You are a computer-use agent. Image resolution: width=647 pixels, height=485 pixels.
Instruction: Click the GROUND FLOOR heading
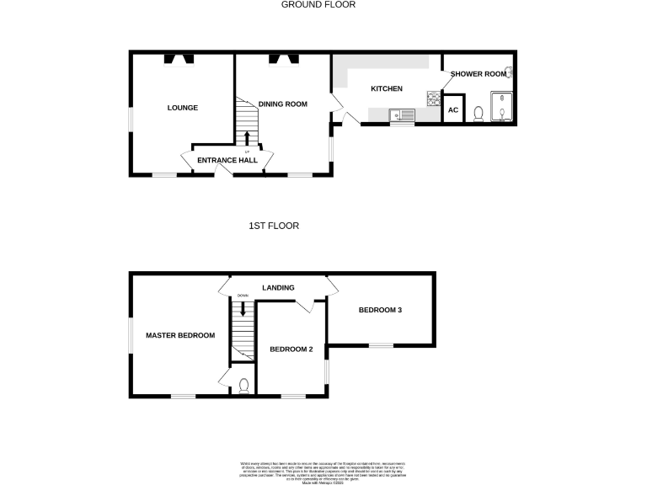319,4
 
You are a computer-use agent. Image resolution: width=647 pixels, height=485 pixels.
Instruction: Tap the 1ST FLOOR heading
274,226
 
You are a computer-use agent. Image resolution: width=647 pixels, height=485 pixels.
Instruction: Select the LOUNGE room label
182,108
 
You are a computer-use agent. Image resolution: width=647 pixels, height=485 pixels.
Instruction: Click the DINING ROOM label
283,104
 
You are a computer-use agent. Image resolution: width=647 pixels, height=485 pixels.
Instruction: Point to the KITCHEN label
387,88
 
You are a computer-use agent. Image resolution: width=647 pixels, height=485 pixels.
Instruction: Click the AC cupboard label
452,110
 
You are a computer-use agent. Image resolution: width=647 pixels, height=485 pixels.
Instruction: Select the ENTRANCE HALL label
227,160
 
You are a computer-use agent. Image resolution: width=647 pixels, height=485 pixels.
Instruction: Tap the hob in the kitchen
435,99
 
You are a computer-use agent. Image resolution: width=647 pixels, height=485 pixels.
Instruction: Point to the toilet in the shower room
479,113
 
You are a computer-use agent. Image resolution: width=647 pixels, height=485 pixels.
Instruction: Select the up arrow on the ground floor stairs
247,137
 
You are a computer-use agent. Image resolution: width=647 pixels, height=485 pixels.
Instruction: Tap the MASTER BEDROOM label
180,335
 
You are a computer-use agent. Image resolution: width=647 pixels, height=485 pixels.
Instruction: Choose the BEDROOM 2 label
291,349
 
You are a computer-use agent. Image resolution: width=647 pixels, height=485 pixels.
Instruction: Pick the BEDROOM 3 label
380,310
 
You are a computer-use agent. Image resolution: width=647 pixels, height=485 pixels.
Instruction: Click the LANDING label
278,288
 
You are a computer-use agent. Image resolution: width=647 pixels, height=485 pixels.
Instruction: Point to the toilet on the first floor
243,386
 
